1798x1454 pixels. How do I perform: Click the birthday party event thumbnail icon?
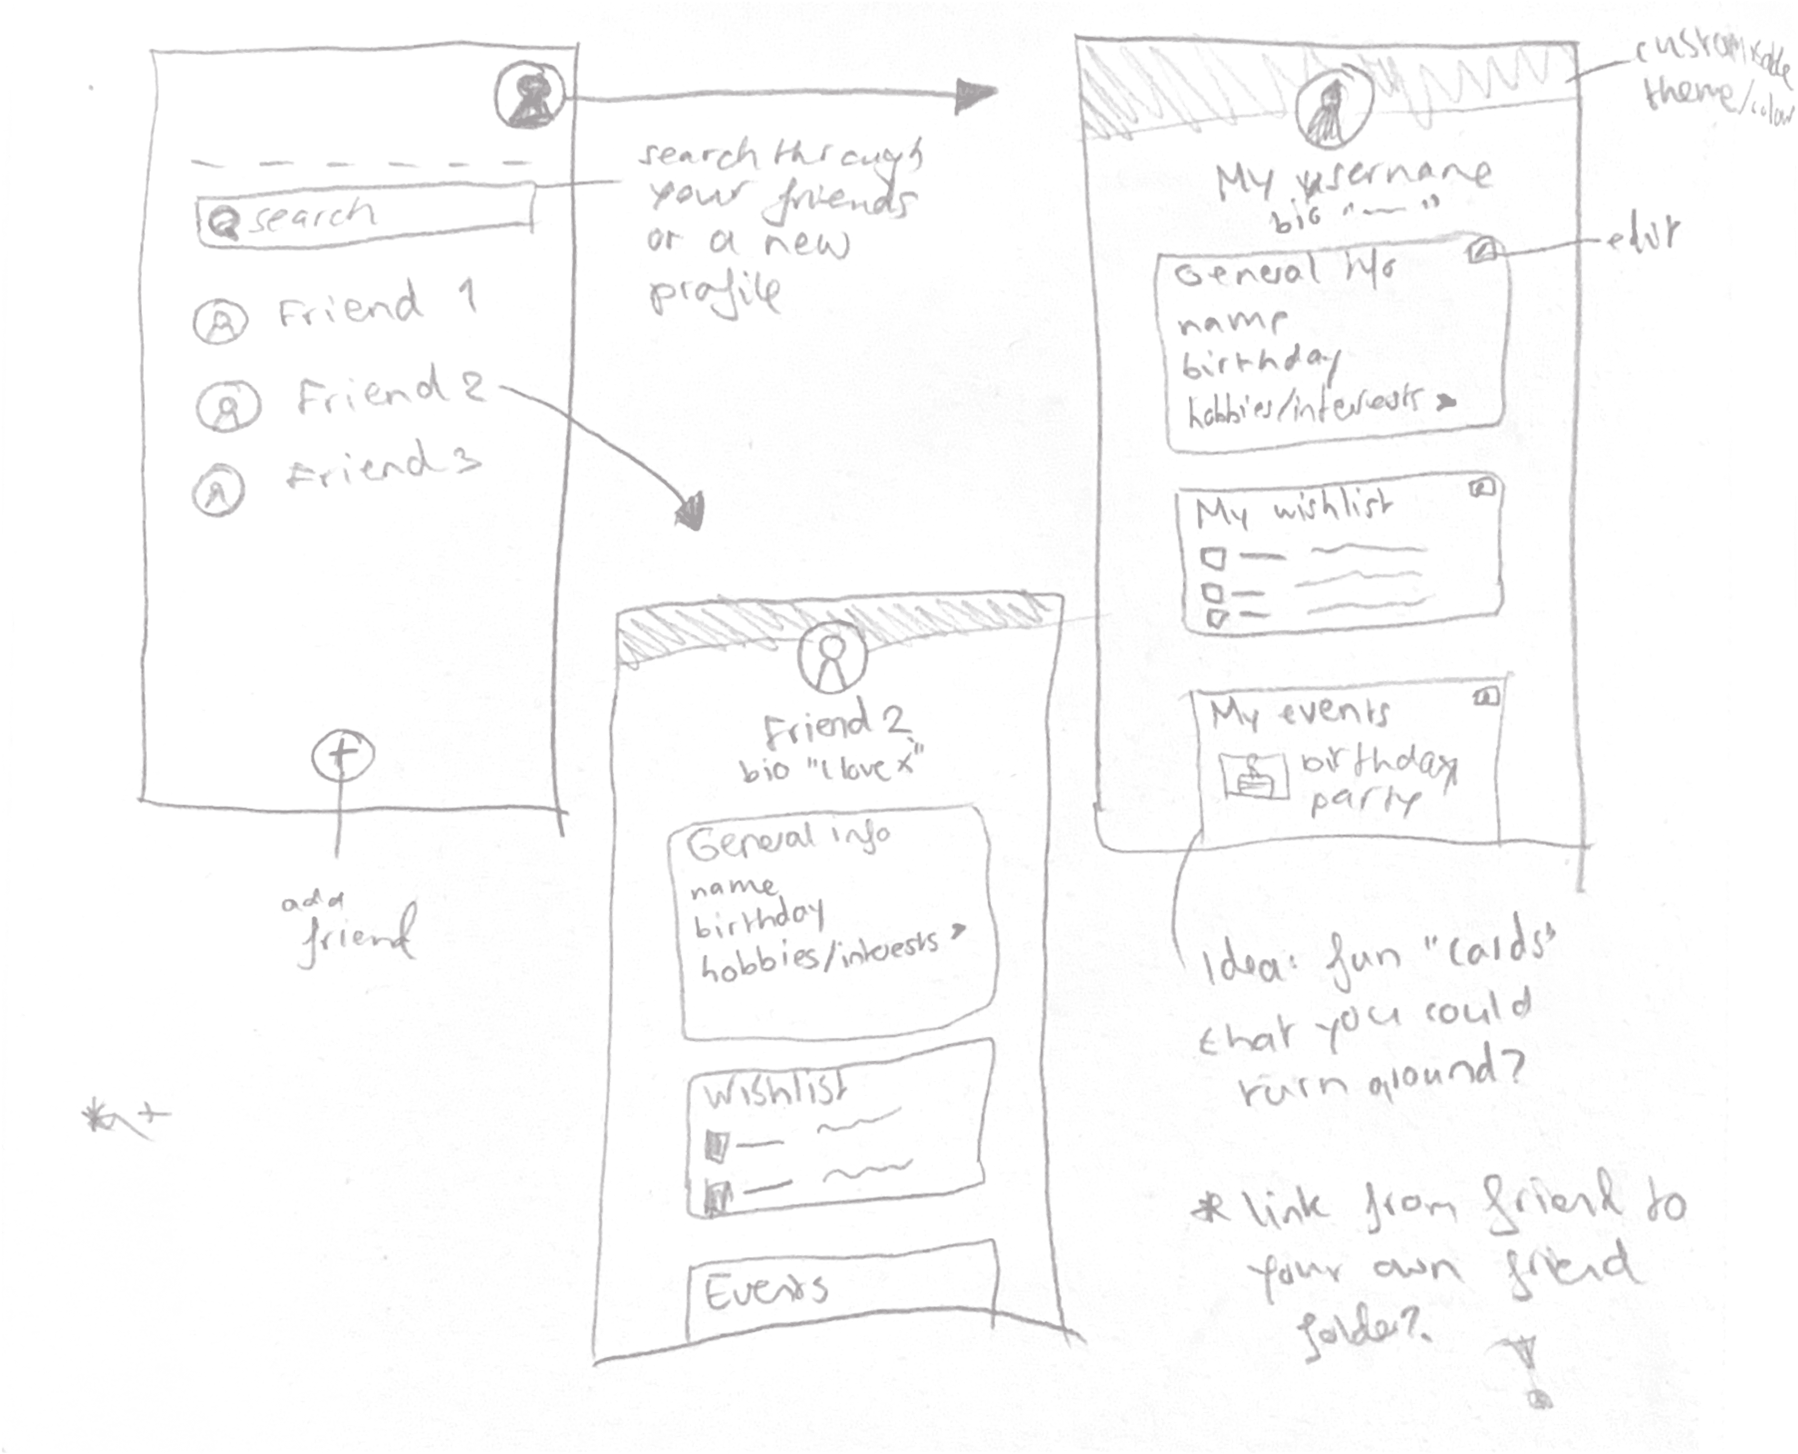pyautogui.click(x=1254, y=776)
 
